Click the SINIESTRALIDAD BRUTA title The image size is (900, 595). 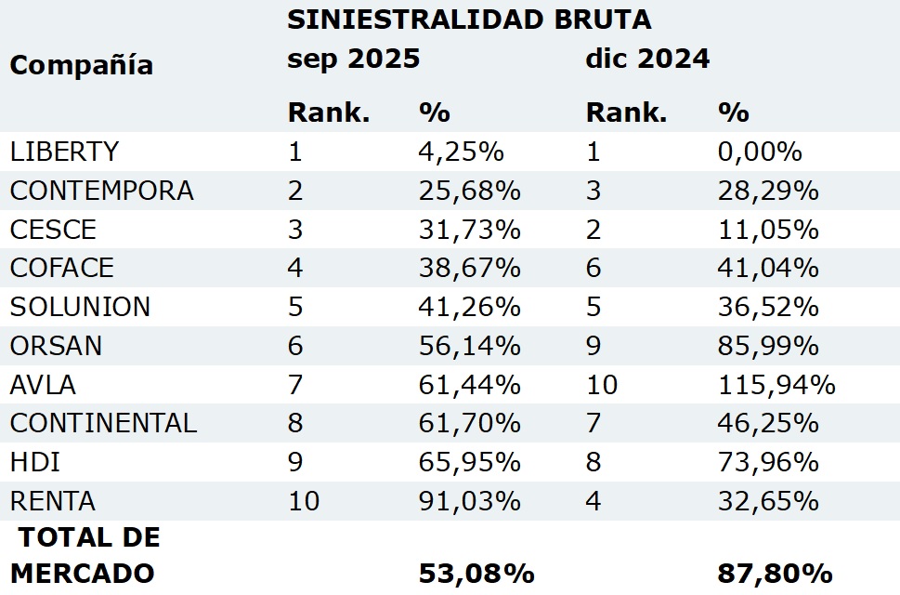[x=469, y=20]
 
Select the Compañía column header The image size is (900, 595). [x=82, y=65]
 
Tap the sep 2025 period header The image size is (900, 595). [x=354, y=59]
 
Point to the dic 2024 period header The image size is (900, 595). [x=647, y=59]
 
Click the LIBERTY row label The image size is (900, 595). [x=64, y=152]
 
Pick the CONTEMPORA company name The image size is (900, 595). [x=102, y=191]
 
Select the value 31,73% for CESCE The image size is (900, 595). [x=469, y=230]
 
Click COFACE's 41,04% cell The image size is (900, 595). [x=768, y=269]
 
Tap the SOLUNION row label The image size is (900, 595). [x=80, y=307]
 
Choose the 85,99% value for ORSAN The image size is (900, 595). [x=768, y=346]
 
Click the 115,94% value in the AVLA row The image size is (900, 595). [x=776, y=385]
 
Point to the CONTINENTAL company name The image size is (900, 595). [x=103, y=424]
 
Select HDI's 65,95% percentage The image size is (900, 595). [x=469, y=463]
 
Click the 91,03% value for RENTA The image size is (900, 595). [x=469, y=502]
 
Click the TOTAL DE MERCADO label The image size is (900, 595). [x=85, y=555]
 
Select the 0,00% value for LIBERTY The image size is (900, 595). [x=760, y=152]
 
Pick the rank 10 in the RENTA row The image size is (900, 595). [x=304, y=502]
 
